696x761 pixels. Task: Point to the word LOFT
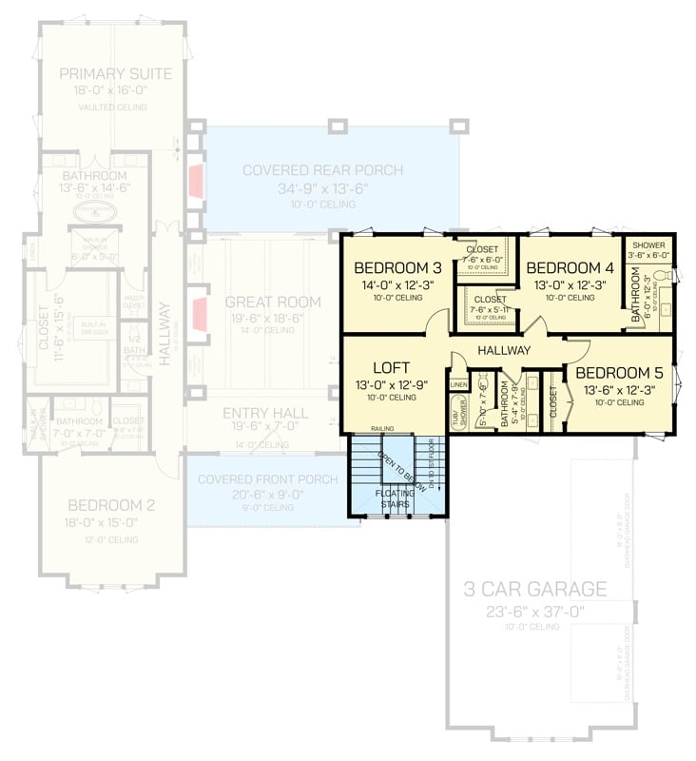click(390, 367)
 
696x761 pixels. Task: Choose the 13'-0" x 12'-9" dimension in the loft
click(390, 384)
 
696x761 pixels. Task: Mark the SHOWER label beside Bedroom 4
click(647, 244)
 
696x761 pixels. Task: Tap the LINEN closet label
click(459, 384)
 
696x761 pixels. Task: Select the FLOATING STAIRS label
click(393, 498)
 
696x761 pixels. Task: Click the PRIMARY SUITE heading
click(115, 74)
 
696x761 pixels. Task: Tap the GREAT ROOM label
click(273, 302)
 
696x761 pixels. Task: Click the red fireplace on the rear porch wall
click(196, 182)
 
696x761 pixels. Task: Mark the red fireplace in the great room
click(200, 312)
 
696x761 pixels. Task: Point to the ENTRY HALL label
click(265, 413)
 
